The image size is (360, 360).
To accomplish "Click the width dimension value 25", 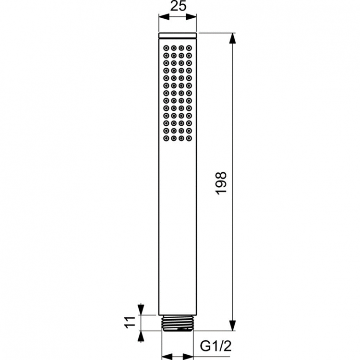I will [x=178, y=7].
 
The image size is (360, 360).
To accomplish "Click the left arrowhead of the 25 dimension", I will [x=164, y=17].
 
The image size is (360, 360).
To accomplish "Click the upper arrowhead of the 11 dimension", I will [x=141, y=310].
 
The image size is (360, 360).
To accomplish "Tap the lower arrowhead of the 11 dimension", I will [x=141, y=336].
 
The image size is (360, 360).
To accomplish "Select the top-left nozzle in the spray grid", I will [x=166, y=48].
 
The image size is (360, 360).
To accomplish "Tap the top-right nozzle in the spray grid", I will [x=189, y=48].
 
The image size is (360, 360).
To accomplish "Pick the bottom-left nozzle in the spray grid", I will [x=166, y=138].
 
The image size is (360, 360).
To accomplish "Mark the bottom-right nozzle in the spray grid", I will [x=189, y=138].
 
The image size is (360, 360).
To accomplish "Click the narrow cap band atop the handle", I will [x=178, y=35].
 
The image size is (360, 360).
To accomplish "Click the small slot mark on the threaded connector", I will [x=182, y=329].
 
